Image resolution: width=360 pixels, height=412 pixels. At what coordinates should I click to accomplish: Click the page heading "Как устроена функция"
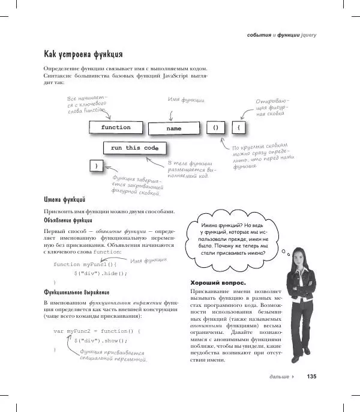click(83, 55)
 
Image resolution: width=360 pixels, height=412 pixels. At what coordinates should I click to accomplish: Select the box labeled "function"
click(116, 128)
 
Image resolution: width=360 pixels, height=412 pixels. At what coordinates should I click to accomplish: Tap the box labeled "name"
click(173, 129)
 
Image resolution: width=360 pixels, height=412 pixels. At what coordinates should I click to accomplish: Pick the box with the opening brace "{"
click(239, 128)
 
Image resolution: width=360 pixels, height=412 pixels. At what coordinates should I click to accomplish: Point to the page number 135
click(311, 377)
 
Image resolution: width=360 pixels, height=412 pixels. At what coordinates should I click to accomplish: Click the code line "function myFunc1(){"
click(86, 264)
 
